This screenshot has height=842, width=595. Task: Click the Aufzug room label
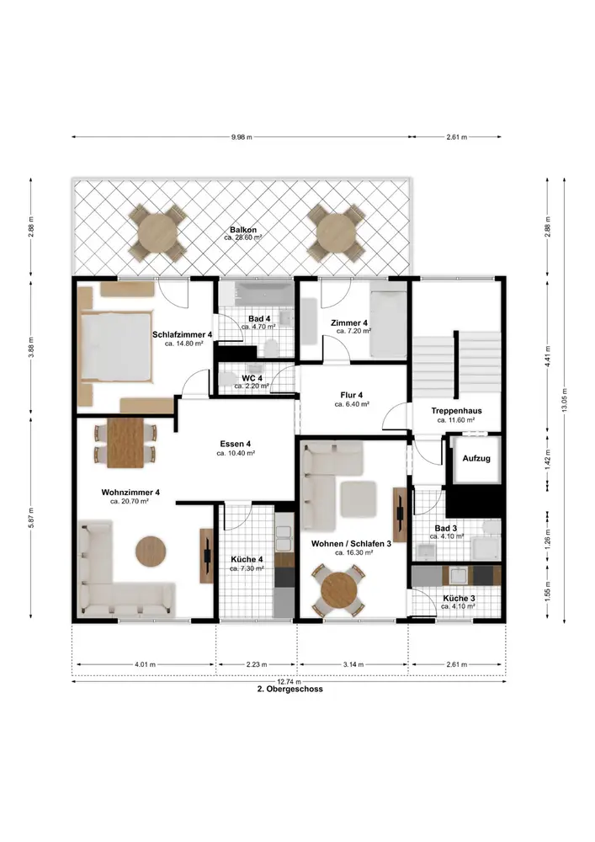pos(476,459)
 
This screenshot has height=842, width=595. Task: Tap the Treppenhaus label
pos(457,411)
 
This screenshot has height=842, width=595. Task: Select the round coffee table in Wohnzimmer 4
pos(151,551)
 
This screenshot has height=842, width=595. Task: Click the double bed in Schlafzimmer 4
pos(116,346)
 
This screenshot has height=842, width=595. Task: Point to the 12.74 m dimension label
pos(290,682)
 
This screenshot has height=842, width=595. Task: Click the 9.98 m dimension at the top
pos(242,137)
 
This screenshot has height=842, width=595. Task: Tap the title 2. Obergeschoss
pos(290,689)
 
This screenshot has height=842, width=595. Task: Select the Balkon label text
pos(243,230)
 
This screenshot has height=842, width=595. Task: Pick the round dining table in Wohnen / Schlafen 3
pos(339,590)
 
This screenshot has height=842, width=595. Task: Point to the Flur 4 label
pos(352,395)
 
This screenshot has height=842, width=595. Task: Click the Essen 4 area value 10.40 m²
pos(236,453)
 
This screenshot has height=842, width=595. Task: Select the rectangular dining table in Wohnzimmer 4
pos(125,443)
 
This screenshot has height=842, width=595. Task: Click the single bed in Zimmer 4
pos(388,324)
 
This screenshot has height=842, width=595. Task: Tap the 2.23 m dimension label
pos(257,665)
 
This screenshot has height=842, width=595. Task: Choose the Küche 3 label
pos(459,598)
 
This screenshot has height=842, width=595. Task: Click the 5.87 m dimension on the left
pos(31,518)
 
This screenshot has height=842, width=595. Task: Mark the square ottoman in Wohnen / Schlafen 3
pos(359,499)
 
